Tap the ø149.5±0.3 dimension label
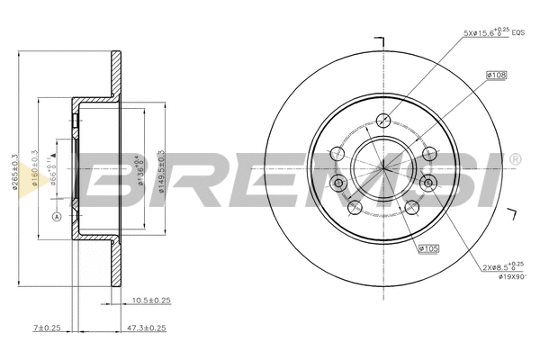[160, 166]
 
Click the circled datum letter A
[56, 217]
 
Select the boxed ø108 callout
[496, 76]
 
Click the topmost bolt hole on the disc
[384, 120]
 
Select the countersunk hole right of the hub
[428, 184]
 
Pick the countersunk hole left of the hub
[339, 184]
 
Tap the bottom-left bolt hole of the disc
[354, 207]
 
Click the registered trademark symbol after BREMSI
[514, 160]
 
